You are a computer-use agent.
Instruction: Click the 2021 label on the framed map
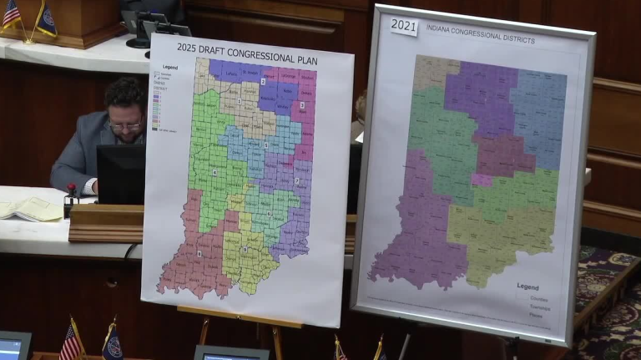403,25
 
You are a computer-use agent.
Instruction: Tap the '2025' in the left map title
187,47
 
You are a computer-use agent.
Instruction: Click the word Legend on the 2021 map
527,286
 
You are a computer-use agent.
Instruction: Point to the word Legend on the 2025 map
170,67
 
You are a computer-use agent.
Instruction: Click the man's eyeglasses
126,124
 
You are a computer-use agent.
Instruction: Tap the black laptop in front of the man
121,174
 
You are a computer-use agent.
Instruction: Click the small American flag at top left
12,15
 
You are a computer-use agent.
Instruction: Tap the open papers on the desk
31,209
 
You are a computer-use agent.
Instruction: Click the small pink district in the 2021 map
481,180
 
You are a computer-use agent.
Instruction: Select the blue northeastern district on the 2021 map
538,117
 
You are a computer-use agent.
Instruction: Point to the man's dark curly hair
125,94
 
